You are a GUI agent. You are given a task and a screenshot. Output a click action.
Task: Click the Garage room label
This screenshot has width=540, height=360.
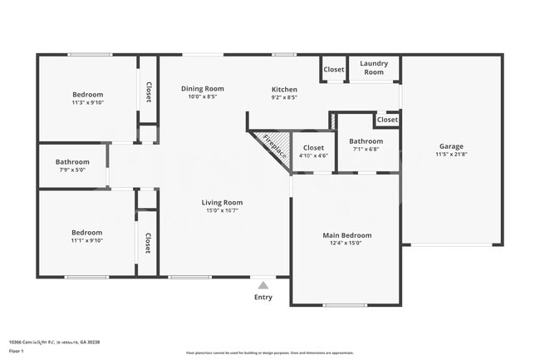(x=451, y=146)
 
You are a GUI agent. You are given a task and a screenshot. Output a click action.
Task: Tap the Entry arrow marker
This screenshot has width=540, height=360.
(x=263, y=284)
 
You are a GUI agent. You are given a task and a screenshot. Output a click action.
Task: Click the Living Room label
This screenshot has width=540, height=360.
(x=222, y=202)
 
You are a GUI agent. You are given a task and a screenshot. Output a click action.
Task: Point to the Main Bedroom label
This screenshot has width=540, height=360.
(x=346, y=235)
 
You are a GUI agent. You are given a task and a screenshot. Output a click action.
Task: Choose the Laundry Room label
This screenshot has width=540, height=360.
(x=374, y=67)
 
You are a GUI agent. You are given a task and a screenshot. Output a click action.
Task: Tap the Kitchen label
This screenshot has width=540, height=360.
(x=284, y=89)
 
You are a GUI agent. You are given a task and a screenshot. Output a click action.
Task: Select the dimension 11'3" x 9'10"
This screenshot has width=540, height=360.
(x=87, y=103)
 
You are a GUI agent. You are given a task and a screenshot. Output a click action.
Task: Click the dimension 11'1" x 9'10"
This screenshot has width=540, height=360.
(x=87, y=241)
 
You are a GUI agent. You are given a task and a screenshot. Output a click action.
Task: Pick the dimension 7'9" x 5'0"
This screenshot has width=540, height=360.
(x=71, y=170)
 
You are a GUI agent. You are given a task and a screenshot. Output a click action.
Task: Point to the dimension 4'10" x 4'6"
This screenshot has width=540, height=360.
(x=313, y=155)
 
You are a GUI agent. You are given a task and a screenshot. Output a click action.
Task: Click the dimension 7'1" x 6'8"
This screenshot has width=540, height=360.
(x=366, y=150)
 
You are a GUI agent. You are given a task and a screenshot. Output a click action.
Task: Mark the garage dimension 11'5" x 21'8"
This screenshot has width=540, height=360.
(x=451, y=155)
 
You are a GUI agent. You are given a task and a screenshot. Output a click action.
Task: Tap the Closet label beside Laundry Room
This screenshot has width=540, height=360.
(x=334, y=70)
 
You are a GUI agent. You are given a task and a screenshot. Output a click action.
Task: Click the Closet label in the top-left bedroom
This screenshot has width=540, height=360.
(x=149, y=91)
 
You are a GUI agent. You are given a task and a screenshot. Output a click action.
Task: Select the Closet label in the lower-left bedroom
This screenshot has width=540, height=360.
(x=148, y=243)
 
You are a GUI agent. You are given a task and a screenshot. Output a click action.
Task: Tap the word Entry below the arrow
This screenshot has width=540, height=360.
(x=263, y=297)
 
